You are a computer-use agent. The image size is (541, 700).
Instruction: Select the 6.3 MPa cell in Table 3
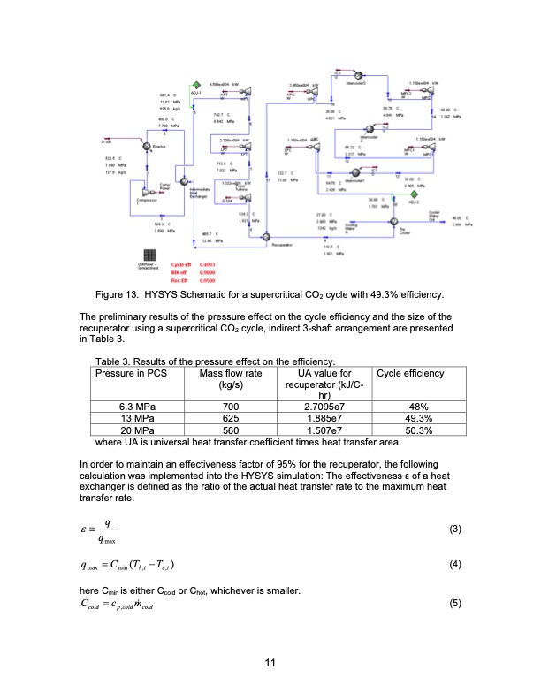(x=143, y=407)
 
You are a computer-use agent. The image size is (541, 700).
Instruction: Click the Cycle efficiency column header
(x=412, y=374)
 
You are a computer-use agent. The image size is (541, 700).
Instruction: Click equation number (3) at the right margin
(x=456, y=529)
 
